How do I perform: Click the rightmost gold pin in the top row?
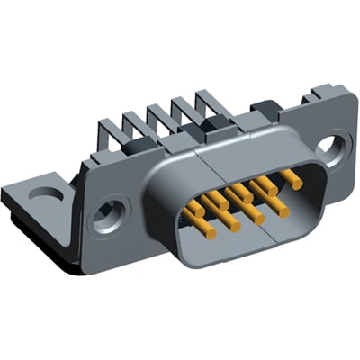[292, 178]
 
